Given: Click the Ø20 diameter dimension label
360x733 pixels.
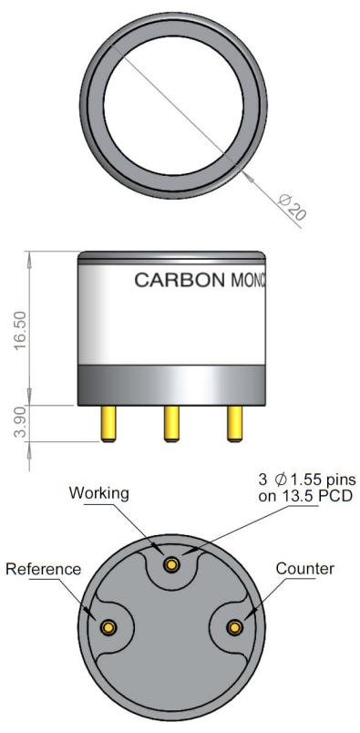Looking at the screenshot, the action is (293, 207).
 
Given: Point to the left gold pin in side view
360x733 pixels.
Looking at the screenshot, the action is (108, 424).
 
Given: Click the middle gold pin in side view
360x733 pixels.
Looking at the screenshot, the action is (171, 424).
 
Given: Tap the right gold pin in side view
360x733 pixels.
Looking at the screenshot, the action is (235, 424).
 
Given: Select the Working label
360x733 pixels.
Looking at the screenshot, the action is (98, 493).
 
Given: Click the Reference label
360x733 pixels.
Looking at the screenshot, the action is (43, 569).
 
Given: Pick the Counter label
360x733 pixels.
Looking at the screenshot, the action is (305, 569).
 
